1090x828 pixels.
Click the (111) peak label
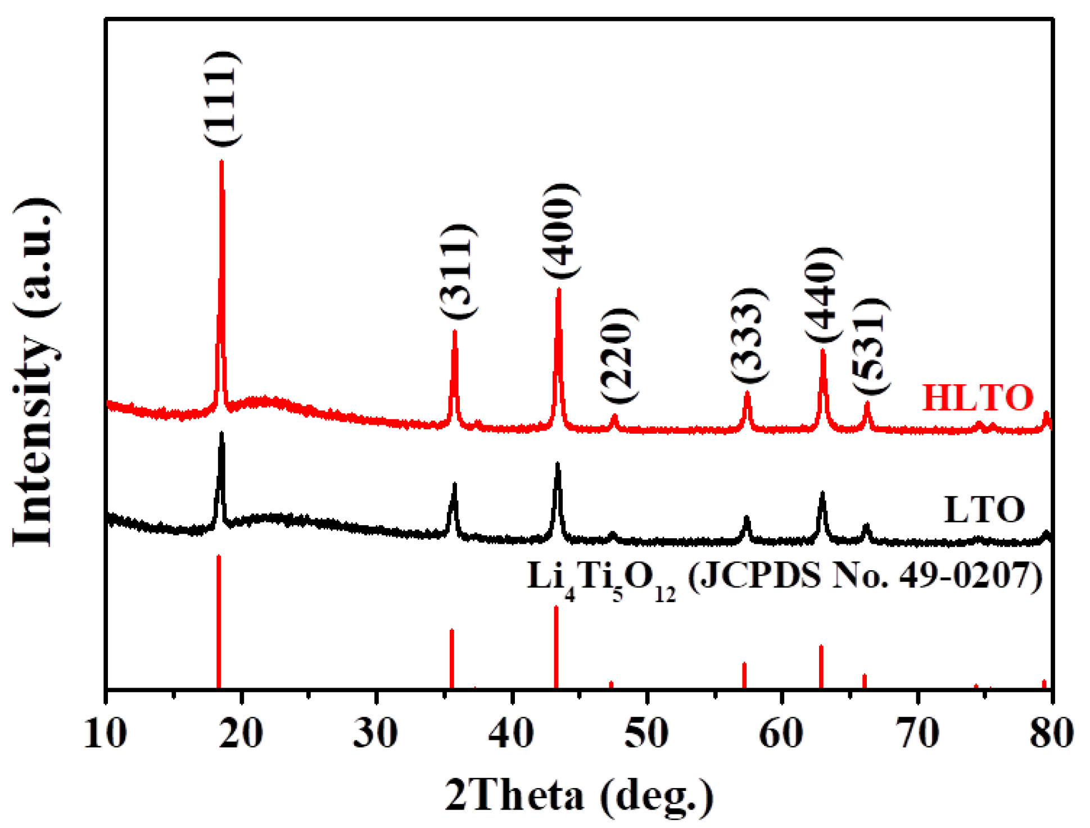223,98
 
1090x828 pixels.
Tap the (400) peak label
561,230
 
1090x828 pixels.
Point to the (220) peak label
619,355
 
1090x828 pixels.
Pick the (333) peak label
749,335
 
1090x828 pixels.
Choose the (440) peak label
824,294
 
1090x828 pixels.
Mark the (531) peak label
870,347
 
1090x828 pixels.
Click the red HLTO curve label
978,398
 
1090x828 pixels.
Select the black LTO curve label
984,510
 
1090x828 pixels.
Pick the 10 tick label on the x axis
106,733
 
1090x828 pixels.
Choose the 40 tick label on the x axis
512,733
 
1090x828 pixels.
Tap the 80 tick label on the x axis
1051,733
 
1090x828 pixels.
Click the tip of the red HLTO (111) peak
221,162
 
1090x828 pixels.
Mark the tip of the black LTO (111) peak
221,434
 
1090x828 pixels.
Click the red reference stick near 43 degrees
556,646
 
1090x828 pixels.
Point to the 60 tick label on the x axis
781,733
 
